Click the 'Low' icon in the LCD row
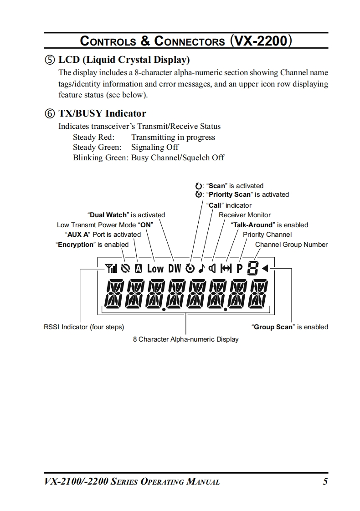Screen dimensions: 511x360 point(155,269)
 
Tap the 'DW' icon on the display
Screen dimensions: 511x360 point(175,269)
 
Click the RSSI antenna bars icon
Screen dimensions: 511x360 point(111,269)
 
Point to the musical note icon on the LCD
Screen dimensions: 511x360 point(201,269)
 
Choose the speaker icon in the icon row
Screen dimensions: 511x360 point(212,269)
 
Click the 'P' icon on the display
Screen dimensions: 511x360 point(239,269)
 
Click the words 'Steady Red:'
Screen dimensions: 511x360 point(94,138)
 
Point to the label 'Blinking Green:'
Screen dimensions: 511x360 point(101,158)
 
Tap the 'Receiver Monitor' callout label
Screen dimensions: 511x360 point(245,215)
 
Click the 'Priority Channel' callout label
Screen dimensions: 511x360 point(267,235)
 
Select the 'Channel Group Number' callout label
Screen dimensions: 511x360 point(291,245)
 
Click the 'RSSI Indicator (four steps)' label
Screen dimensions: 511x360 point(84,327)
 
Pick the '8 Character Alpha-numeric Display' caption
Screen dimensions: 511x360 point(185,339)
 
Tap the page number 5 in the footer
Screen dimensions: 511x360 point(325,481)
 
